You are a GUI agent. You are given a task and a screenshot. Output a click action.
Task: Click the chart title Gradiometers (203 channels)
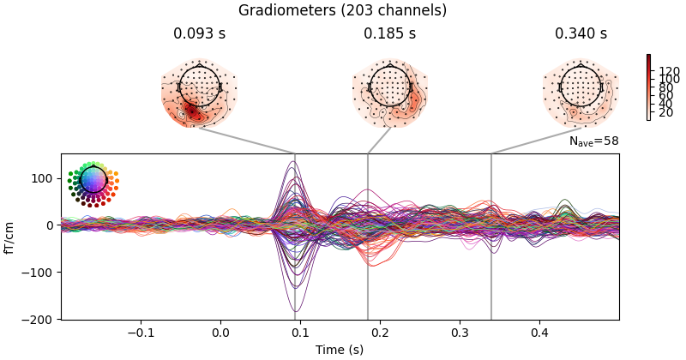pos(342,11)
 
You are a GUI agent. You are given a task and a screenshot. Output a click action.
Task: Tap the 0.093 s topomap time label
pos(199,34)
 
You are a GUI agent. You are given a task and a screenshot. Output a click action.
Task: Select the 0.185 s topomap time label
pos(389,34)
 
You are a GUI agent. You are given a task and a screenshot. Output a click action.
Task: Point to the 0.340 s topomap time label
pos(581,34)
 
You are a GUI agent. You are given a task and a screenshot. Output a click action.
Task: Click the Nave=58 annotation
pos(593,141)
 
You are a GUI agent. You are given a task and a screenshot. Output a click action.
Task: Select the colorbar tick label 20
pos(665,112)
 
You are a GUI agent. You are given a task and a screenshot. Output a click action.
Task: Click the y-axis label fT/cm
pos(10,237)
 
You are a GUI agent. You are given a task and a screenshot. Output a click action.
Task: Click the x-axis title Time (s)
pos(340,349)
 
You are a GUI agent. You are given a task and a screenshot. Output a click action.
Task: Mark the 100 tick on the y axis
pos(43,178)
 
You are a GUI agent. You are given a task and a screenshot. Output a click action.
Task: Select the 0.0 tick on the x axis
pos(220,332)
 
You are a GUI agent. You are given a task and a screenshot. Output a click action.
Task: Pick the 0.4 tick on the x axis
pos(539,332)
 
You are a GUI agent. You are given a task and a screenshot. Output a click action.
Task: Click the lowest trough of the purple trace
pos(295,311)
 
